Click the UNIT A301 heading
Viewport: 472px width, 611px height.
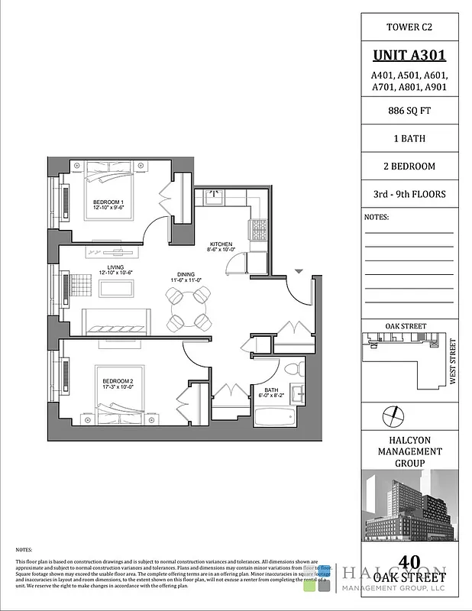[409, 55]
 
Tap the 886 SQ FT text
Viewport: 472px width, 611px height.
[409, 112]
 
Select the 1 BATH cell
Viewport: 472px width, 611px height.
[409, 139]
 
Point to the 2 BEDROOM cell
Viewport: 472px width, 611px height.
[409, 166]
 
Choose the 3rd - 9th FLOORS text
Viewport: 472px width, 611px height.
[409, 194]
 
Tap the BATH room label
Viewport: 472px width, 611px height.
[271, 391]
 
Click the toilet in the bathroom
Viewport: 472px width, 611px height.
[299, 370]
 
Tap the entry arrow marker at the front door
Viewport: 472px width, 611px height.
[299, 271]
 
